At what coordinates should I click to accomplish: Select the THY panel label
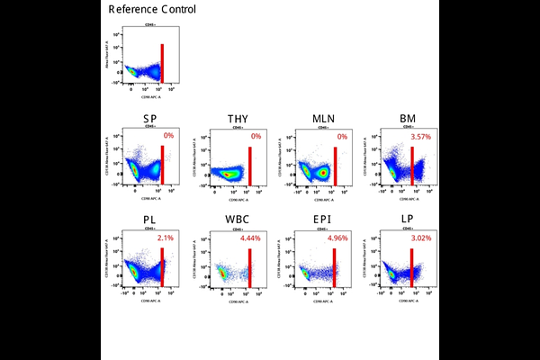238,119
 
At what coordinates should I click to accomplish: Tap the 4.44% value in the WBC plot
250,239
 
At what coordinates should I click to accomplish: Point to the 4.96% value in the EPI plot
337,239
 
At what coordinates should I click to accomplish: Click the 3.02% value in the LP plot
421,239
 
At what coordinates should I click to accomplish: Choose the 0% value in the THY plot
256,137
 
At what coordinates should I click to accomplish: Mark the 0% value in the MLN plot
342,137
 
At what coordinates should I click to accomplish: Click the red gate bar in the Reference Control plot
162,63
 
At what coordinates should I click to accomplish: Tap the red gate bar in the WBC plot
249,267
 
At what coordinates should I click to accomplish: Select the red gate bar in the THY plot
249,165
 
